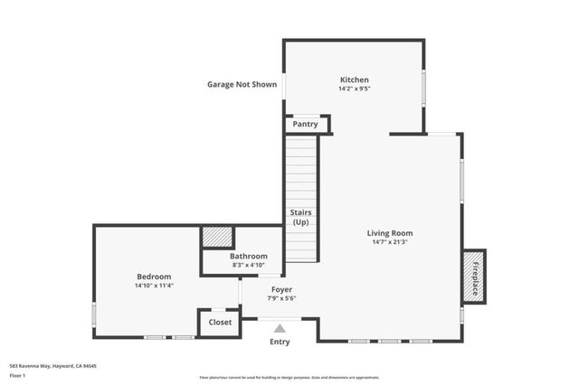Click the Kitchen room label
click(354, 80)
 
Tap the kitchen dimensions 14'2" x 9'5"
click(354, 89)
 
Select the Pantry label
click(305, 124)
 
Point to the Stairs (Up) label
click(300, 218)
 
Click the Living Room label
click(390, 232)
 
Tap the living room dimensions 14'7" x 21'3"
click(390, 241)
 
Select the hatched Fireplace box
click(474, 276)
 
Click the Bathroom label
click(248, 256)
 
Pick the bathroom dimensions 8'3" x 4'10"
click(248, 265)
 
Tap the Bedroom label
click(154, 277)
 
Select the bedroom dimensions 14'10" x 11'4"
click(154, 286)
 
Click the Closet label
click(220, 322)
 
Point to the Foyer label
click(281, 289)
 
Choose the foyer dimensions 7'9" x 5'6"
click(281, 298)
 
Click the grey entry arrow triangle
click(280, 329)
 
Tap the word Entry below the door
click(280, 343)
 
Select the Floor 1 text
click(17, 374)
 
